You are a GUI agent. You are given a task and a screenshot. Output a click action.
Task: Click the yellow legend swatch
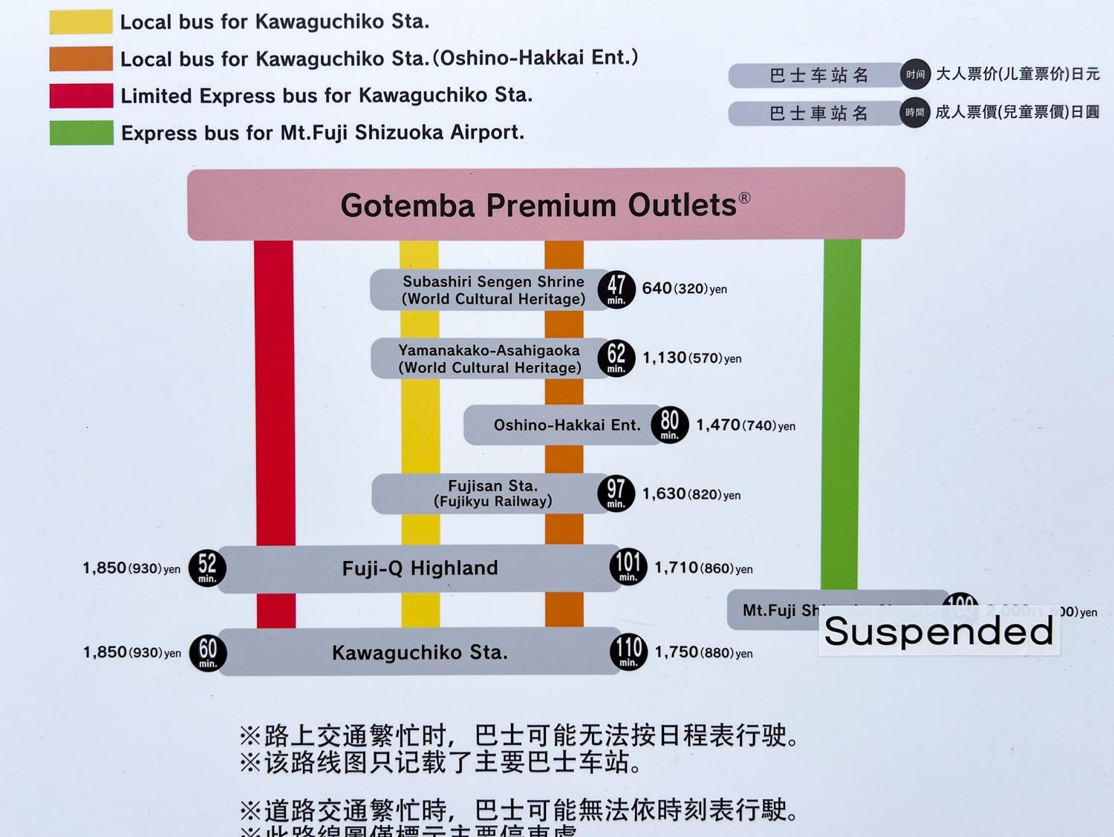pyautogui.click(x=81, y=22)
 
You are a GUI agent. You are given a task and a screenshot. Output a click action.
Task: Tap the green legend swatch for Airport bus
pyautogui.click(x=81, y=133)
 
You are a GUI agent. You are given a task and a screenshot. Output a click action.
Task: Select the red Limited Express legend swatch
pyautogui.click(x=81, y=96)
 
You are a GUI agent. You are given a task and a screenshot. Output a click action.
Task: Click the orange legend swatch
pyautogui.click(x=81, y=59)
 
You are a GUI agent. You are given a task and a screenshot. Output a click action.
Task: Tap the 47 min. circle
pyautogui.click(x=616, y=289)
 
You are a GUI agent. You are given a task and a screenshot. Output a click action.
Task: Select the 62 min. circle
pyautogui.click(x=616, y=358)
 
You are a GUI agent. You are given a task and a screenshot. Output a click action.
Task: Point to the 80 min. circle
pyautogui.click(x=669, y=424)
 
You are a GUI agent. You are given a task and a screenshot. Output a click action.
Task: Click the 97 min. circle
pyautogui.click(x=616, y=493)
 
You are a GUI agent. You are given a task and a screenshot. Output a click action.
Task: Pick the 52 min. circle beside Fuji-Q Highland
pyautogui.click(x=207, y=568)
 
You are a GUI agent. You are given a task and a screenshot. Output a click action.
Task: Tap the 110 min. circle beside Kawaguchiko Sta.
pyautogui.click(x=628, y=652)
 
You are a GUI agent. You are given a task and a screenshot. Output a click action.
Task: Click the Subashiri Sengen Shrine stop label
pyautogui.click(x=493, y=290)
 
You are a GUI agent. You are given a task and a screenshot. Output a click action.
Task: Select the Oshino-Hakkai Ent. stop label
pyautogui.click(x=567, y=425)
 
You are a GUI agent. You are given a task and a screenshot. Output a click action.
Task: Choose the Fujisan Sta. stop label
pyautogui.click(x=493, y=493)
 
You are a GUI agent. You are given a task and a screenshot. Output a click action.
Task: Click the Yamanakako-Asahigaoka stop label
pyautogui.click(x=489, y=358)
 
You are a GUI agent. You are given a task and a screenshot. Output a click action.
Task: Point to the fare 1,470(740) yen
pyautogui.click(x=745, y=425)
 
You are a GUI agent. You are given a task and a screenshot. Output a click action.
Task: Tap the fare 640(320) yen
pyautogui.click(x=684, y=289)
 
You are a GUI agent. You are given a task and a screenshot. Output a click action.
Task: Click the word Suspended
pyautogui.click(x=939, y=631)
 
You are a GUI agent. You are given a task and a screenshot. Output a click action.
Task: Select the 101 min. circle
pyautogui.click(x=628, y=568)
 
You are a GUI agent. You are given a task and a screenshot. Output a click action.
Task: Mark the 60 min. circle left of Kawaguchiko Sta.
pyautogui.click(x=208, y=652)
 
